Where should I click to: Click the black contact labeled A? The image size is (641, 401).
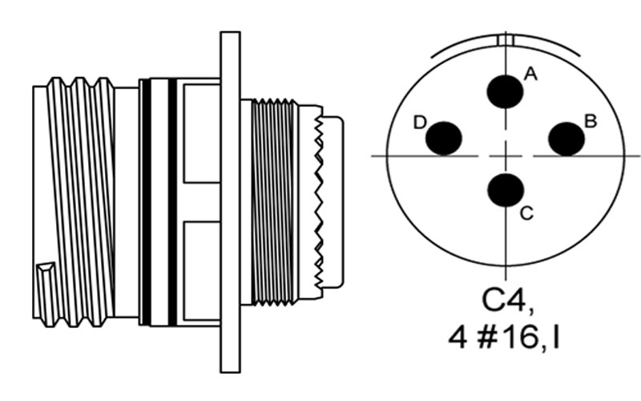point(506,91)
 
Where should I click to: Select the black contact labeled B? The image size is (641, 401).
point(566,139)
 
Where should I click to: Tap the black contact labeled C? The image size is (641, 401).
point(506,190)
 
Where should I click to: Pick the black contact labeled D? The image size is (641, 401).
point(444,138)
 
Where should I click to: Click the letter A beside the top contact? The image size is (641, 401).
point(530,75)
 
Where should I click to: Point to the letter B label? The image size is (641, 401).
point(591,122)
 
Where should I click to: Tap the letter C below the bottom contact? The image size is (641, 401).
point(527,213)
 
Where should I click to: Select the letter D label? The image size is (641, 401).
point(420,123)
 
